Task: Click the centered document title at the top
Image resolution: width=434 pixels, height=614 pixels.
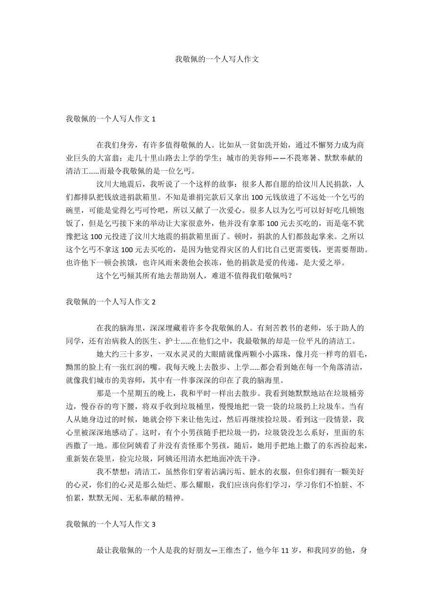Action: click(217, 59)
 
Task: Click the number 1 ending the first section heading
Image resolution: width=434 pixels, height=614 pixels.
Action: click(154, 120)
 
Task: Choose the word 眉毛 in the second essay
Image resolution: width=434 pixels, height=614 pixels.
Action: click(354, 354)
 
